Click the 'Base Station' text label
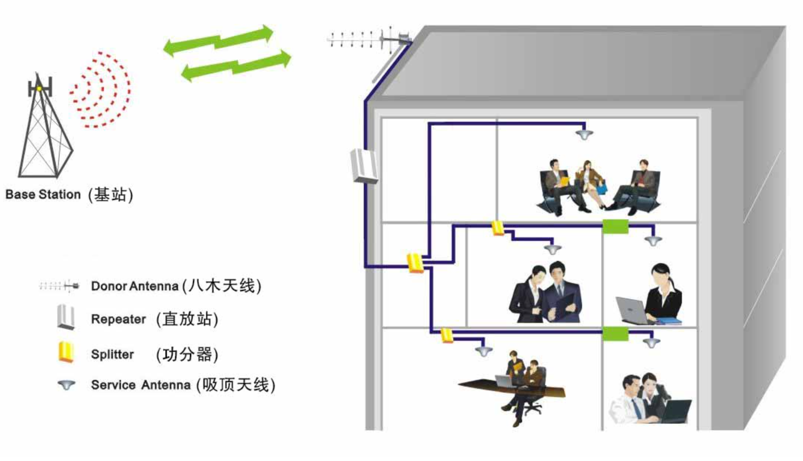(x=43, y=194)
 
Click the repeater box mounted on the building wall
(x=364, y=166)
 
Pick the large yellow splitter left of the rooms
(x=415, y=263)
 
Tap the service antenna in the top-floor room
(x=585, y=134)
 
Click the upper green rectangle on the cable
(x=615, y=226)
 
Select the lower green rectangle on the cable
(x=615, y=334)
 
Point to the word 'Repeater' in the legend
(x=118, y=319)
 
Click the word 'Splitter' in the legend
(x=112, y=354)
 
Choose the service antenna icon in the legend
(x=67, y=385)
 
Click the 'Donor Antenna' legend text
(x=135, y=286)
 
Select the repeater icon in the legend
(x=66, y=317)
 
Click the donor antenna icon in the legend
(x=59, y=286)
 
